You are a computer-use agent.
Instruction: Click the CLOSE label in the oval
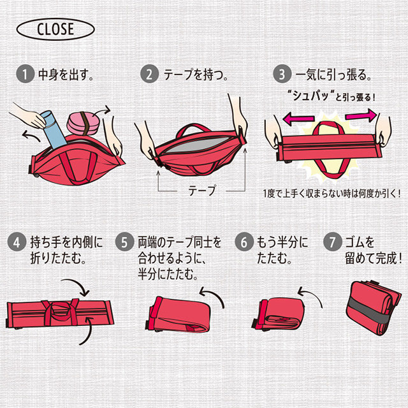[x=55, y=29]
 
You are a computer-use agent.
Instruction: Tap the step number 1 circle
[x=25, y=74]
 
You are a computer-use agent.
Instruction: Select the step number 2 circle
[x=149, y=74]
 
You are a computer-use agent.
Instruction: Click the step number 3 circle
[x=282, y=74]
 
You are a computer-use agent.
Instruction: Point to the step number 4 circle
[x=17, y=242]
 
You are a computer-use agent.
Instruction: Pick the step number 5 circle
[x=124, y=242]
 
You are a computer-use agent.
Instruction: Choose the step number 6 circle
[x=244, y=242]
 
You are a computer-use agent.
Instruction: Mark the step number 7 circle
[x=332, y=242]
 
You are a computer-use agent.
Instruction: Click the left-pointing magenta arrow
[x=298, y=119]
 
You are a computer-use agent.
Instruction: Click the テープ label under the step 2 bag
[x=202, y=191]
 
